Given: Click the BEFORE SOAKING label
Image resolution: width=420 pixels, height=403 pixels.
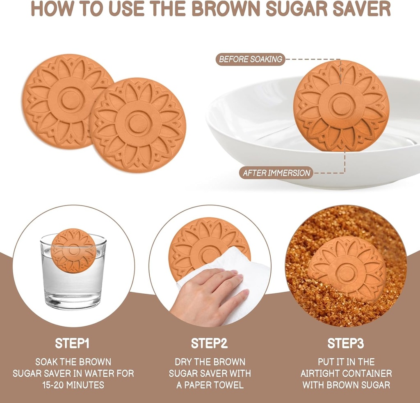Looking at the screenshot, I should tap(250, 59).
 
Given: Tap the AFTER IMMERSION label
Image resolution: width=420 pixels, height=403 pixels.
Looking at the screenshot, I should tap(276, 173).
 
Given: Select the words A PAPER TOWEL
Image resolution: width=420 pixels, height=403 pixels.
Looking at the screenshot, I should tap(210, 385).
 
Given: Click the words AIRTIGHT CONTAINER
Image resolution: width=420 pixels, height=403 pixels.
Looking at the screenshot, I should tap(346, 374).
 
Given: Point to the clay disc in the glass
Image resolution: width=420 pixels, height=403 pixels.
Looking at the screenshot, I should tap(74, 250).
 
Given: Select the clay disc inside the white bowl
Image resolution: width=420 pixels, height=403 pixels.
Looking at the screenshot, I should tap(341, 106).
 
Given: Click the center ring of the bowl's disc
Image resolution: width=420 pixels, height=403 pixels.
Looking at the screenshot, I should tap(341, 106).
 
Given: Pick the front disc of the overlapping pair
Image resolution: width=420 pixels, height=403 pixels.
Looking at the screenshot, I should tap(138, 125).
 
